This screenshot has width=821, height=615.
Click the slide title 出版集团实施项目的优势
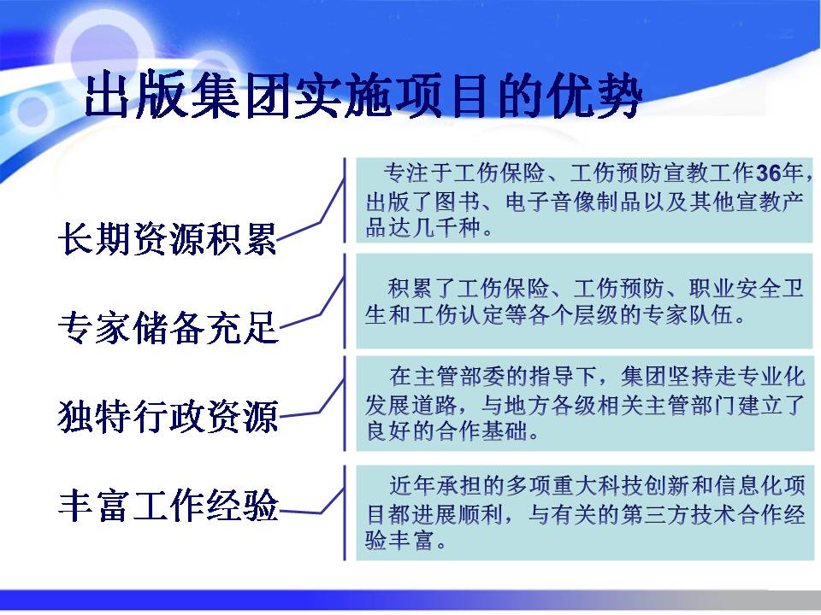363,96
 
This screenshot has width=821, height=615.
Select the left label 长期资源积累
168,239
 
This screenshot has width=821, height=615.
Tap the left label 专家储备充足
168,327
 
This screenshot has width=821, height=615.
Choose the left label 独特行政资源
168,416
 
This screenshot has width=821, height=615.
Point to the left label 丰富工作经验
168,505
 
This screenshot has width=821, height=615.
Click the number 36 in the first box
769,173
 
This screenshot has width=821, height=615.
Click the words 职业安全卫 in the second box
746,288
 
